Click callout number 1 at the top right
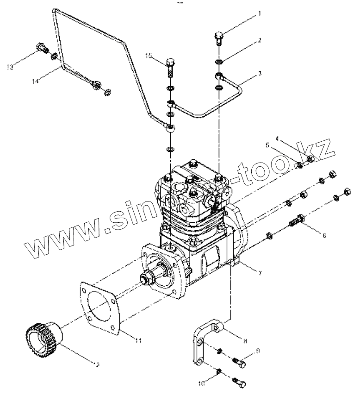[259, 14]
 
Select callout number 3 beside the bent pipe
[260, 73]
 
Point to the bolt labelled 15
[170, 68]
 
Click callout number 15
[149, 56]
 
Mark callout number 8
[245, 341]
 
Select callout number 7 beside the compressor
[260, 273]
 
